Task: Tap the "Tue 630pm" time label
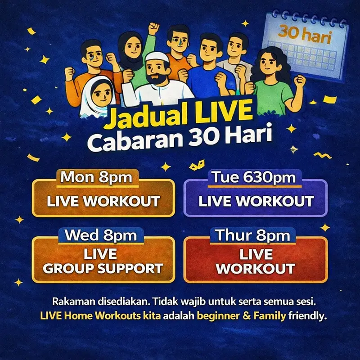pyautogui.click(x=254, y=177)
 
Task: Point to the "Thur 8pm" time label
pyautogui.click(x=254, y=235)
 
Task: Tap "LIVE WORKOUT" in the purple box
pyautogui.click(x=256, y=201)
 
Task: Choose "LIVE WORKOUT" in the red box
pyautogui.click(x=255, y=262)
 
